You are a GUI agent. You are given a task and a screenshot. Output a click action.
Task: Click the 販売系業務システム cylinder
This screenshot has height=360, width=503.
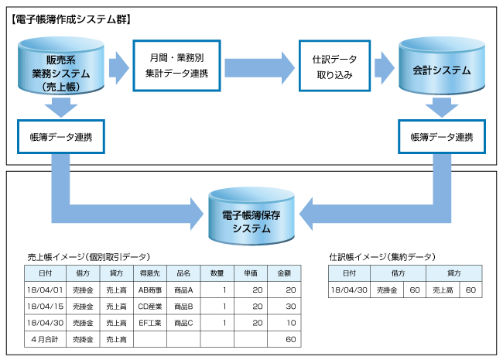[x=61, y=66]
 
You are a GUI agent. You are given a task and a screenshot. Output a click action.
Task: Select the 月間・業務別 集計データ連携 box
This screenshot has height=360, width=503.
[x=176, y=66]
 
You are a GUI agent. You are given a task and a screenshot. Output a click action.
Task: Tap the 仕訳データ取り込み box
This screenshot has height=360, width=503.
[x=334, y=66]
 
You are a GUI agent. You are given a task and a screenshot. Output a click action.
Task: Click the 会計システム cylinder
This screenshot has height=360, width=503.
[x=442, y=66]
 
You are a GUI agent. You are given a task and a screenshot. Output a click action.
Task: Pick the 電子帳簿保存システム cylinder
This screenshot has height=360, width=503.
[x=251, y=217]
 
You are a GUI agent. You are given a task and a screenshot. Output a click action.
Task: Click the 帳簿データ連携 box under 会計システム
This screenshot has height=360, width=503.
[x=442, y=137]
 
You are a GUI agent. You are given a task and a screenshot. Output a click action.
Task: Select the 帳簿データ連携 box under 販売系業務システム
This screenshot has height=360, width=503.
[x=61, y=137]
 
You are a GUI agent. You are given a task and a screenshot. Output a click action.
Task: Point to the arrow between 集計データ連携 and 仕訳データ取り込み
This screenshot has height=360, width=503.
[x=259, y=68]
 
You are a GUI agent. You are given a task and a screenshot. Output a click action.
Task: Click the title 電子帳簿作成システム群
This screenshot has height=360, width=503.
[x=71, y=19]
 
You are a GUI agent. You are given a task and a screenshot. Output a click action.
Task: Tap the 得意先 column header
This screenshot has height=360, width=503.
[x=150, y=273]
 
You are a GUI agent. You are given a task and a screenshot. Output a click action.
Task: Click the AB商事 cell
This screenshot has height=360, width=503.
[x=150, y=290]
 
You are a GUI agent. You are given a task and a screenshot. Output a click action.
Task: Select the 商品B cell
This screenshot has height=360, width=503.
[x=183, y=307]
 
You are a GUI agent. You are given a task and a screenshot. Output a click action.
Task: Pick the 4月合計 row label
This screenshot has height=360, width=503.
[x=45, y=339]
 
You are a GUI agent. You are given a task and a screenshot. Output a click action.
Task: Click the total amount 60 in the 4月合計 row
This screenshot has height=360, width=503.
[x=291, y=339]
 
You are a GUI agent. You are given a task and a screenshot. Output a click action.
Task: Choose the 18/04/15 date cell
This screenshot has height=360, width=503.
[x=45, y=307]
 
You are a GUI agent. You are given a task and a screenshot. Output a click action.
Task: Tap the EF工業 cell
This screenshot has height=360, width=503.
[x=150, y=323]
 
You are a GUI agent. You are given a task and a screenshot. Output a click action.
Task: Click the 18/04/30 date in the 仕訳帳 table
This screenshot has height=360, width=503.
[x=349, y=290]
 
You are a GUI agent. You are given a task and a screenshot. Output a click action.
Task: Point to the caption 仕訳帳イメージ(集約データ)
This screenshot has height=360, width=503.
[x=382, y=257]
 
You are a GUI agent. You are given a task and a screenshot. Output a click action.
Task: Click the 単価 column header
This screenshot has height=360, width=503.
[x=251, y=273]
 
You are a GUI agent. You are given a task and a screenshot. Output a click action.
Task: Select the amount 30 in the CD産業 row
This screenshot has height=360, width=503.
[x=291, y=307]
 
